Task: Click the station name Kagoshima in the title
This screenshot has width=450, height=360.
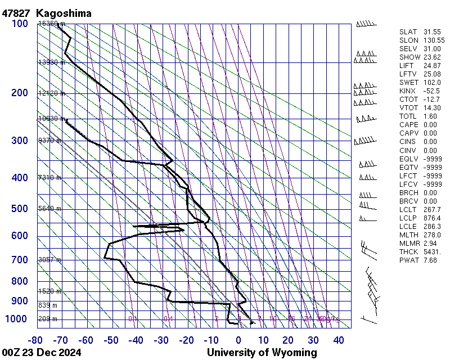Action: point(64,12)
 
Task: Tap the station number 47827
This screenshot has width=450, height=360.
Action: point(16,12)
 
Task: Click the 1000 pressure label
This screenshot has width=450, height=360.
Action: point(17,319)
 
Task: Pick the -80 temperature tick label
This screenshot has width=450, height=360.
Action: point(37,340)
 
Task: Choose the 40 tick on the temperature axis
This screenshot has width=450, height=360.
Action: point(339,340)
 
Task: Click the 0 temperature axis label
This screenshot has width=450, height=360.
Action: point(238,340)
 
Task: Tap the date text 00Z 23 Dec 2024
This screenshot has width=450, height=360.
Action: point(42,353)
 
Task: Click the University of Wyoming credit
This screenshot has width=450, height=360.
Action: point(262,353)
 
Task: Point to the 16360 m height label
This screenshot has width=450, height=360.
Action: point(51,24)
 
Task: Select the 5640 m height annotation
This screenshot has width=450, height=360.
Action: point(49,209)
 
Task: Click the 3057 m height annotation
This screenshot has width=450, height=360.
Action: point(49,260)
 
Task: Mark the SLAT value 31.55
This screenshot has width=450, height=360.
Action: point(431,32)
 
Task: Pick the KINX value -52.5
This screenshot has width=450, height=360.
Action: point(431,91)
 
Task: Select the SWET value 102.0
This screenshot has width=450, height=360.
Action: point(431,83)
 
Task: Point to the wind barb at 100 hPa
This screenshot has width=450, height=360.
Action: point(366,24)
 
